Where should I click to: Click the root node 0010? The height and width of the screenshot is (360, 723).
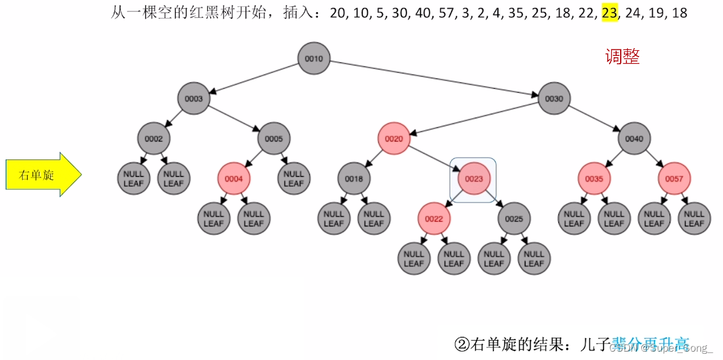coord(314,59)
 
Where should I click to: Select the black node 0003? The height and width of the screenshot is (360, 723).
coord(194,99)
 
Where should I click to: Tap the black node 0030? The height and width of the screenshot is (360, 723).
coord(554,99)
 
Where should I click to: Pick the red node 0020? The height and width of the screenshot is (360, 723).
coord(394,139)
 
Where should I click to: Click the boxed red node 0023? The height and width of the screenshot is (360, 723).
coord(473,179)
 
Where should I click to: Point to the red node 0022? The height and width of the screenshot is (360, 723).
coord(434,219)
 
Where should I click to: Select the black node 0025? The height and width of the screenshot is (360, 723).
coord(514,219)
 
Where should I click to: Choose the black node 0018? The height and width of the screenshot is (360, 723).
coord(354,179)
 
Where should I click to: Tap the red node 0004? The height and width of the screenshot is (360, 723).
coord(233,179)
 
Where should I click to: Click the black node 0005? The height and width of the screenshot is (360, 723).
coord(274,139)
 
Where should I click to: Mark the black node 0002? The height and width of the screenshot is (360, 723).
coord(154,139)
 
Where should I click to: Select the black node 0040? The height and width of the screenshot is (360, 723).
coord(634,139)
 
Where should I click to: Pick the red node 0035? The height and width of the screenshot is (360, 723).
coord(594,179)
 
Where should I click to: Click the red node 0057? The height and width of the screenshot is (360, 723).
coord(674,179)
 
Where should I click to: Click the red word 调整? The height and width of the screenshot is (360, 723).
coord(622,57)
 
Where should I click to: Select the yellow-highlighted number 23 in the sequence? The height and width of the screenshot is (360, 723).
coord(609,13)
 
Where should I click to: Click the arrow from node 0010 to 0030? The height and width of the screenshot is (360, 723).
coord(434,79)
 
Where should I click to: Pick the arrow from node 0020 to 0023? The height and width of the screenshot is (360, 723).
coord(434,159)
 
